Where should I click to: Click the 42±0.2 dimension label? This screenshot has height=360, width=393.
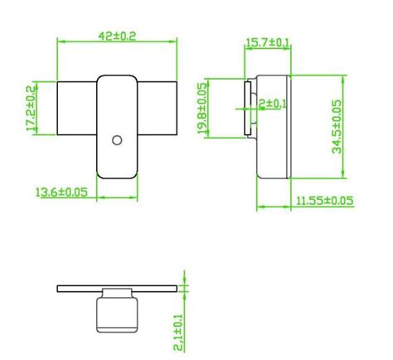coord(118,36)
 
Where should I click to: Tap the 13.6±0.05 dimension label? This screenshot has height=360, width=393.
coord(62,192)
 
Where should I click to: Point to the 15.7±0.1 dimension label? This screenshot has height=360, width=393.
coord(267,41)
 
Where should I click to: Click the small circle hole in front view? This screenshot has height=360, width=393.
coord(118,139)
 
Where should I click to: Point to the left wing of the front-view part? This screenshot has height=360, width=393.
coord(76,109)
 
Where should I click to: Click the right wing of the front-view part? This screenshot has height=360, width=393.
coord(158,109)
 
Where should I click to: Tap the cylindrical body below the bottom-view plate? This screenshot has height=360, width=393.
coord(117,315)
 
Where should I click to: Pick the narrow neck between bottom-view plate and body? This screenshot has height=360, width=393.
coord(117,295)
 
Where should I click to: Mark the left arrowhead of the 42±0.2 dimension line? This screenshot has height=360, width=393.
coord(59,41)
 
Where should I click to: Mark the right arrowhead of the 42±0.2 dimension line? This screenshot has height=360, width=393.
coord(176,41)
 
